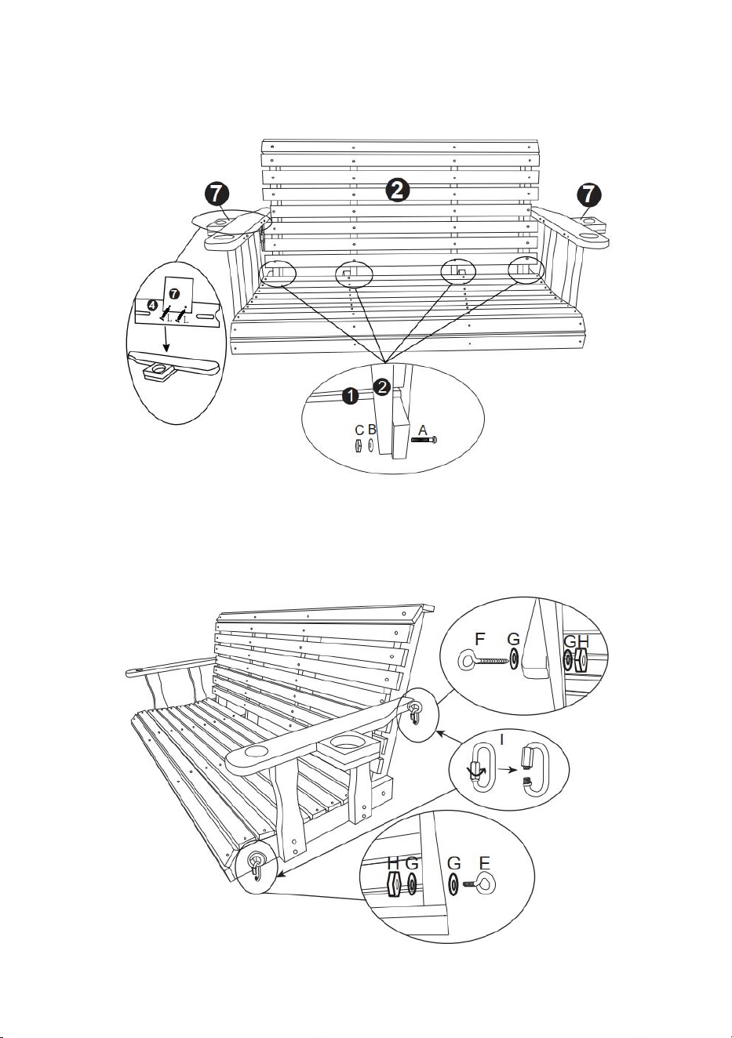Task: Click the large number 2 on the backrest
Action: coord(397,191)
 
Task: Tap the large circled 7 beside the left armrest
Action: coord(217,194)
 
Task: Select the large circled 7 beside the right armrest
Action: coord(588,194)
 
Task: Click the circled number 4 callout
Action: coord(153,305)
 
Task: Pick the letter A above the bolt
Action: coord(422,430)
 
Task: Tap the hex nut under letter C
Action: coord(358,446)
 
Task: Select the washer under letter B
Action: coord(370,445)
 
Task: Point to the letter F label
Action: coord(479,640)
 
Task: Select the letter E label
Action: coord(485,863)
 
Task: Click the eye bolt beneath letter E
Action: coord(479,884)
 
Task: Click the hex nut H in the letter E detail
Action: coord(394,884)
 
